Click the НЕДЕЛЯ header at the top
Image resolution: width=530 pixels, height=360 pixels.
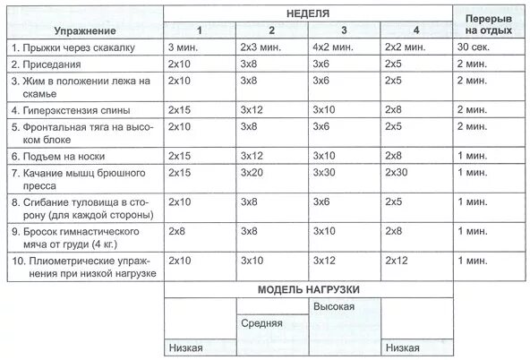(x=308, y=13)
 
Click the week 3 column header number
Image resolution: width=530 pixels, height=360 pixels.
(x=345, y=30)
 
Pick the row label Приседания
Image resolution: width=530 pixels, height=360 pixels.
(x=52, y=64)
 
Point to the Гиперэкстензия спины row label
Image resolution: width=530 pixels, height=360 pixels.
(x=72, y=110)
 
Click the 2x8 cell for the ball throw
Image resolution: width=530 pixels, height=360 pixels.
(x=178, y=231)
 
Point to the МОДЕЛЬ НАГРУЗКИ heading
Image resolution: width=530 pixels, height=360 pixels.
(x=308, y=290)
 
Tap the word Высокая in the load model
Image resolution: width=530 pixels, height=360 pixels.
(x=334, y=307)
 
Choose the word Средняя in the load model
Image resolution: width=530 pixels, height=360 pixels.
(x=262, y=323)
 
